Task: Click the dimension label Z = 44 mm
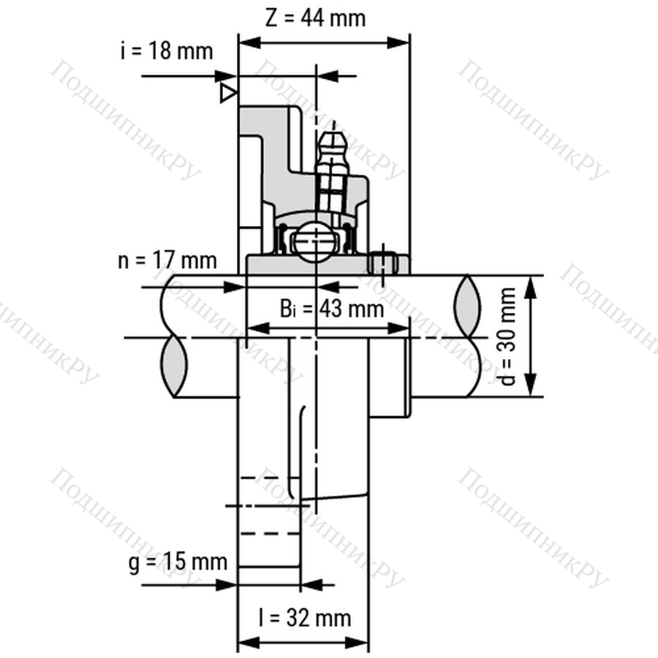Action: tap(315, 18)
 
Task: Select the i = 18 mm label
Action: tap(167, 51)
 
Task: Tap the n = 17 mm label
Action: tap(167, 260)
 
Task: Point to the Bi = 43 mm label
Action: tap(331, 309)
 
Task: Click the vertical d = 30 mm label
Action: tap(508, 336)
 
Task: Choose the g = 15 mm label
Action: tap(178, 562)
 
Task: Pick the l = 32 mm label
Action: tap(305, 618)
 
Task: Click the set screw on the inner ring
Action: tap(382, 262)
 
